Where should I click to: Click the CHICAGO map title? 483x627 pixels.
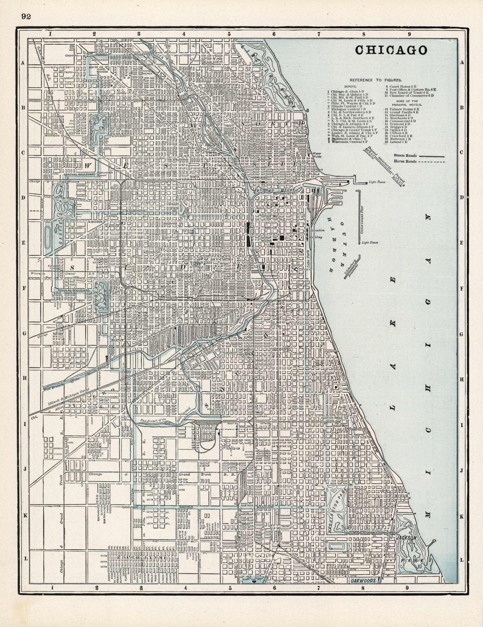click(391, 50)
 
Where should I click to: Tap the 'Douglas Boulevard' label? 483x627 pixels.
click(74, 290)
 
